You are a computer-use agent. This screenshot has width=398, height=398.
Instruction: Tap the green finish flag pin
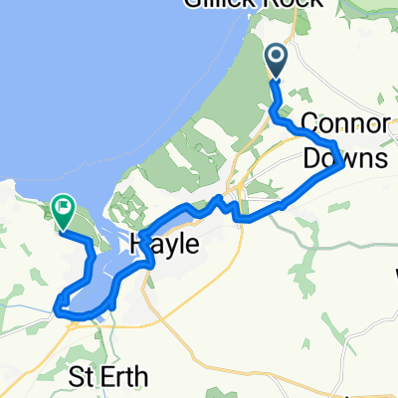click(x=63, y=209)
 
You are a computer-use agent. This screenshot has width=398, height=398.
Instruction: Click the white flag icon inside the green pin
click(x=63, y=207)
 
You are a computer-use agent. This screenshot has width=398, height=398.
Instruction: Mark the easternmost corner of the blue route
click(x=343, y=165)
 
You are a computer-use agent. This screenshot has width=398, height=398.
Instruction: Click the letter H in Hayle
click(x=138, y=244)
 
